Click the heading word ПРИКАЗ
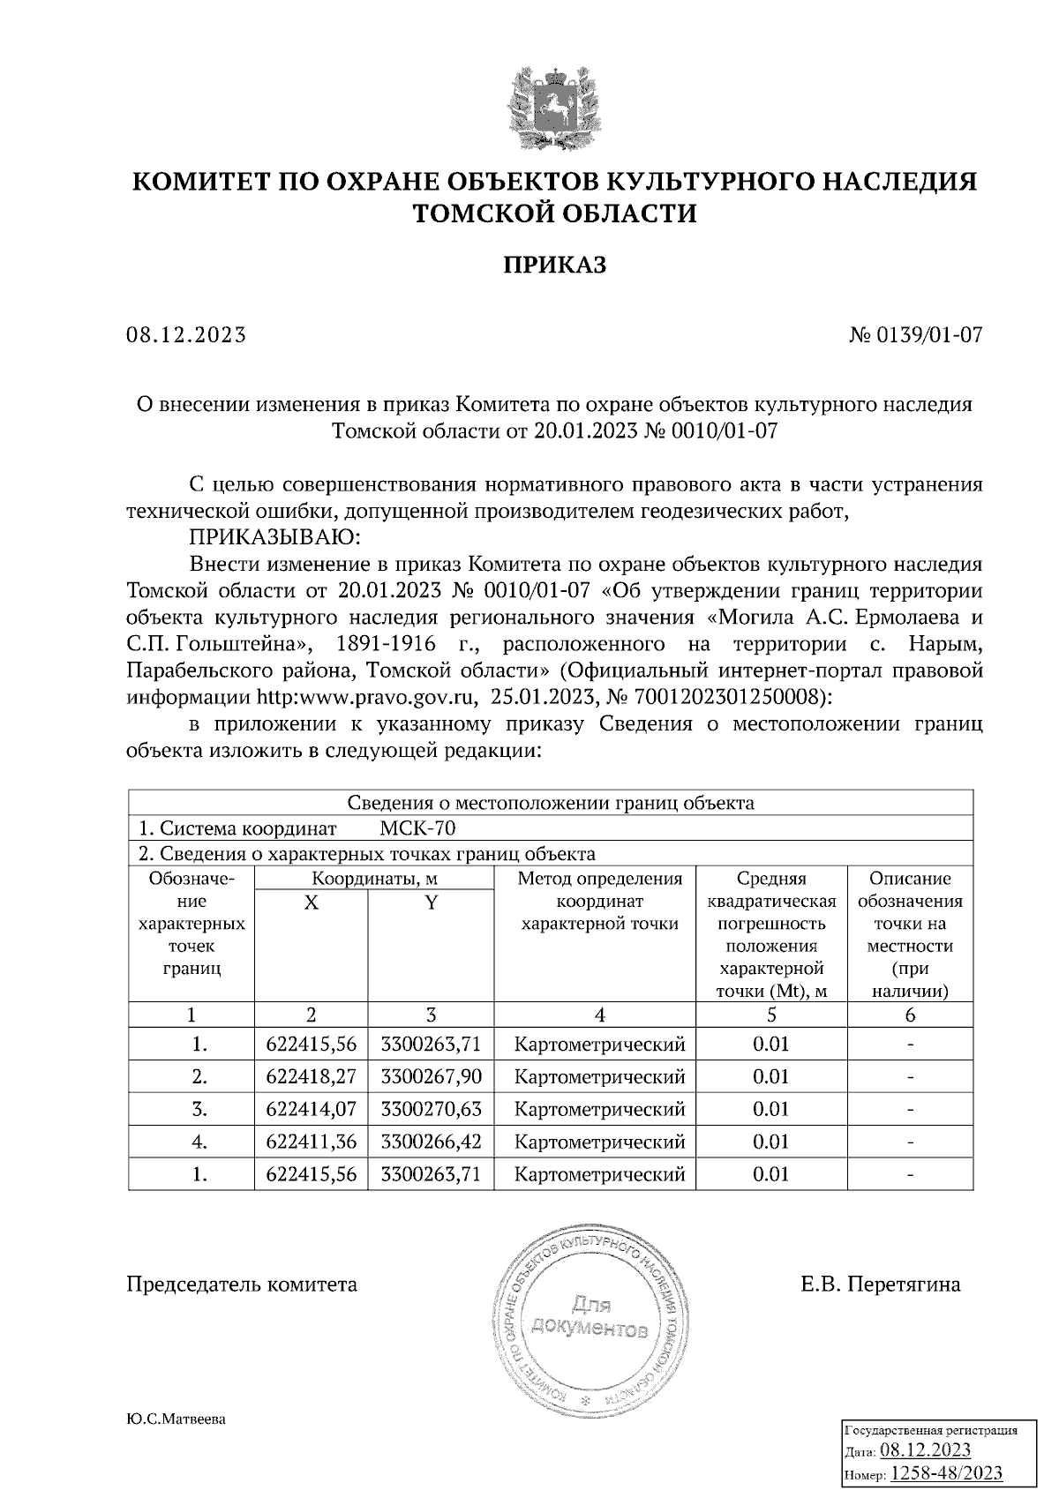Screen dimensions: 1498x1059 [554, 265]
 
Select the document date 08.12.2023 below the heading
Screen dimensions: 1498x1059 [186, 335]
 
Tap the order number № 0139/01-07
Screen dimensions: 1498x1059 [915, 335]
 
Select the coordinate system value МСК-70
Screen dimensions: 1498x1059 [417, 828]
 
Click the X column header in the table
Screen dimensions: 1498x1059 [311, 903]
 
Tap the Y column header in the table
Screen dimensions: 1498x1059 [431, 903]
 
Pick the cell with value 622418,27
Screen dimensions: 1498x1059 [311, 1077]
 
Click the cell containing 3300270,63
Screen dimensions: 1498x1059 [431, 1109]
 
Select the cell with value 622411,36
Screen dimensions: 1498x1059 [311, 1142]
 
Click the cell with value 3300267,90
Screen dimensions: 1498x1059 [431, 1077]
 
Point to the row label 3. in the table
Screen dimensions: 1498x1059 [199, 1109]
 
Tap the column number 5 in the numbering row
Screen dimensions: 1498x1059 [771, 1015]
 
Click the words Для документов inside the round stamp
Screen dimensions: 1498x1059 [590, 1316]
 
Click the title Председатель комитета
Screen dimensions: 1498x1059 [243, 1285]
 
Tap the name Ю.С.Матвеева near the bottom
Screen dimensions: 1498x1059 [176, 1419]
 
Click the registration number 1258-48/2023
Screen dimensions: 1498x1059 [946, 1474]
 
